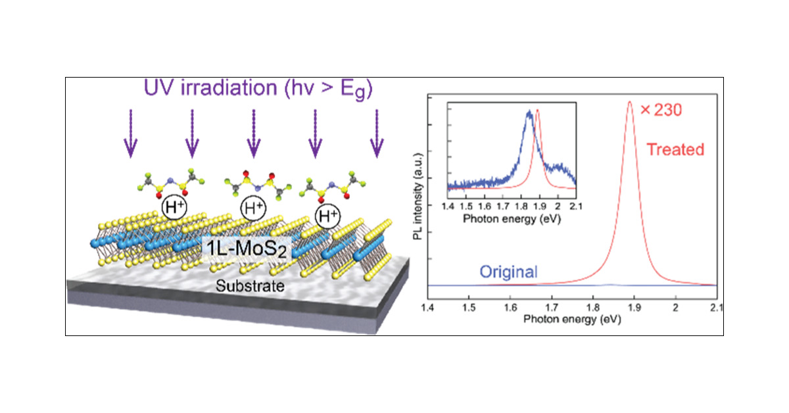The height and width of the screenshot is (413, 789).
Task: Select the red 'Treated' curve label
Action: coord(676,150)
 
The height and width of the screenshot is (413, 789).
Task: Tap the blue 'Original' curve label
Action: coord(508,272)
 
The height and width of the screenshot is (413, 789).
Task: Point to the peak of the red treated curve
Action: coord(630,102)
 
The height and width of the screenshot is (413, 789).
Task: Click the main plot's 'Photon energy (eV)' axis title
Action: coord(572,319)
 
